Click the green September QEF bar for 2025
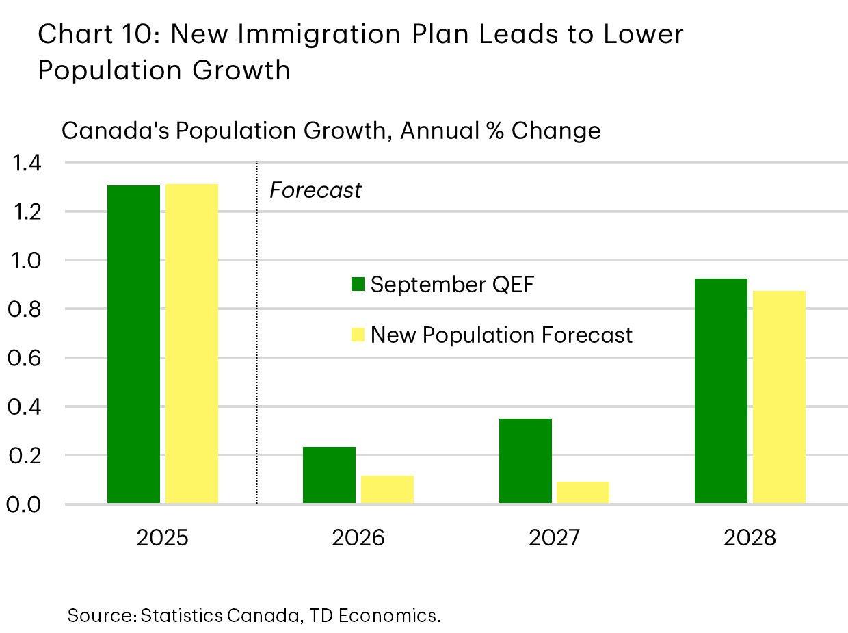pyautogui.click(x=133, y=344)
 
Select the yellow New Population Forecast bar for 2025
pyautogui.click(x=191, y=344)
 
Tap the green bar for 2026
pyautogui.click(x=329, y=475)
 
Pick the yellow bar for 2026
pyautogui.click(x=387, y=489)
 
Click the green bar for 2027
pyautogui.click(x=525, y=461)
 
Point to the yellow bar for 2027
pyautogui.click(x=583, y=493)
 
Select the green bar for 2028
pyautogui.click(x=721, y=391)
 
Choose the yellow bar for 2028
pyautogui.click(x=779, y=397)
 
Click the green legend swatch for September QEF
pyautogui.click(x=358, y=285)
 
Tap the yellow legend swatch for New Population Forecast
pyautogui.click(x=358, y=335)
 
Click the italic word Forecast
pyautogui.click(x=315, y=190)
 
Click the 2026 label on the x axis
pyautogui.click(x=358, y=538)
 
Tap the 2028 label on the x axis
pyautogui.click(x=750, y=538)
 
